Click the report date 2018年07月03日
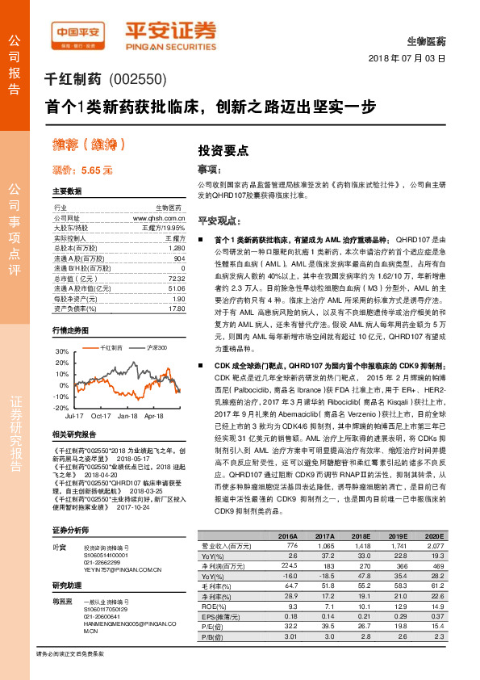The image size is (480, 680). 407,59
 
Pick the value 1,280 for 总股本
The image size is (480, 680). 177,248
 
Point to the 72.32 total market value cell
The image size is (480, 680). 177,277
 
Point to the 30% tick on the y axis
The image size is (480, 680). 63,352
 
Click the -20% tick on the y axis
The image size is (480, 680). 62,408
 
